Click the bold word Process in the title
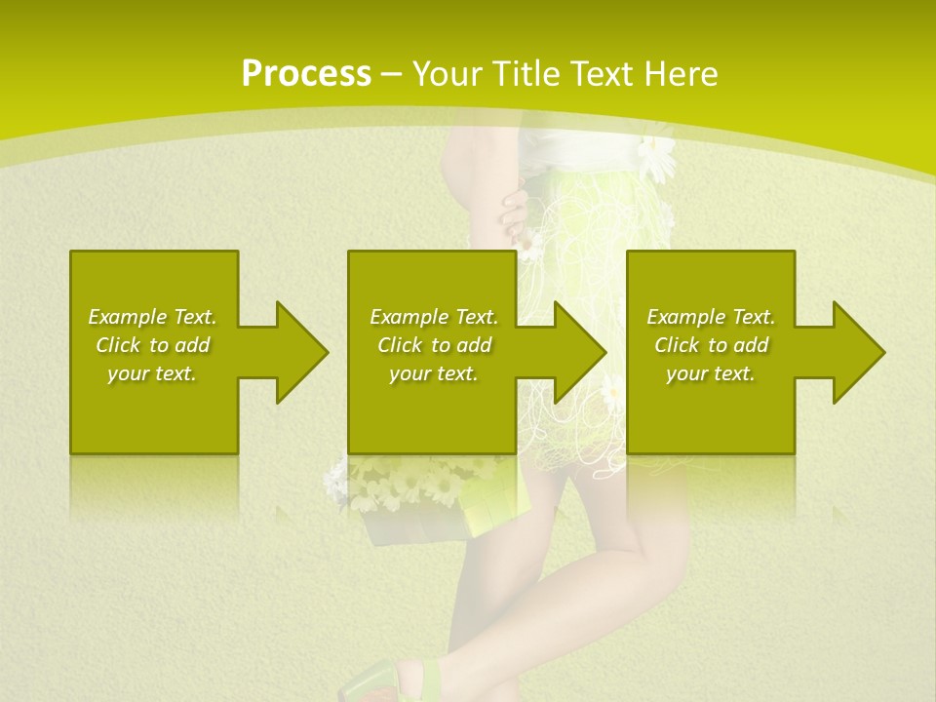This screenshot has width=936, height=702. point(306,74)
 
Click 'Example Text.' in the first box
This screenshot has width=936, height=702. point(152,317)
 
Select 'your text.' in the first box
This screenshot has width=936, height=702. point(152,373)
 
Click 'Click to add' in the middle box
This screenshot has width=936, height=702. point(434,345)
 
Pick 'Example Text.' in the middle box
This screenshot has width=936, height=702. point(434,317)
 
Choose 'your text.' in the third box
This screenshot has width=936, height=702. point(711,373)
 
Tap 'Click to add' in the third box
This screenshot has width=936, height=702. point(711,345)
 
